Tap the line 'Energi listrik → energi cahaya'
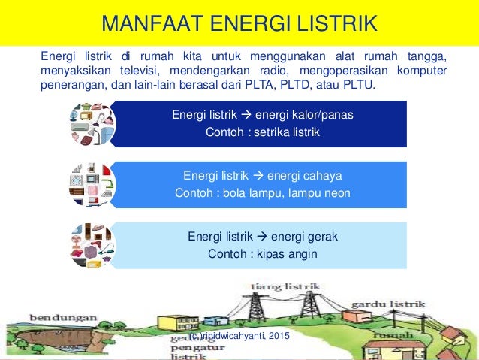263,176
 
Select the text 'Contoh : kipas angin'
263,253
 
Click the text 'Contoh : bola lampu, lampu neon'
263,192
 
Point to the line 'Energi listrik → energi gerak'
263,237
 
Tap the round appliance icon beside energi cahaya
92,184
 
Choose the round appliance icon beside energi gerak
92,245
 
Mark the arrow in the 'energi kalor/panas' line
246,116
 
